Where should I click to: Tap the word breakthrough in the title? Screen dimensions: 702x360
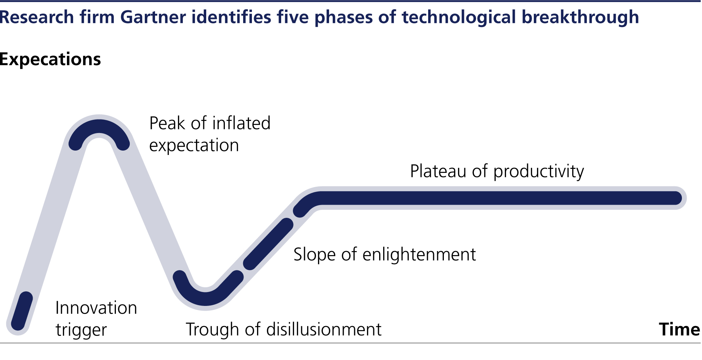tap(580, 18)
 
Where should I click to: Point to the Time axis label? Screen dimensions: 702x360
tap(679, 329)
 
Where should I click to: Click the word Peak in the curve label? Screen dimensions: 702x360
tap(167, 123)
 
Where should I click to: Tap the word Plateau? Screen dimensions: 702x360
tap(438, 171)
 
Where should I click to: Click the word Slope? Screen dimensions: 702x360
tap(314, 254)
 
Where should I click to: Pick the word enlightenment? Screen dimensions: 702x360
tap(419, 254)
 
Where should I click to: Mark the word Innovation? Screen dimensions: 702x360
tap(96, 308)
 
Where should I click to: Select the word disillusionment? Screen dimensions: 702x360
tap(324, 329)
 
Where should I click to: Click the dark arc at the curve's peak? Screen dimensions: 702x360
tap(99, 126)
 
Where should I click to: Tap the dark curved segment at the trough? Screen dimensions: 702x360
tap(205, 299)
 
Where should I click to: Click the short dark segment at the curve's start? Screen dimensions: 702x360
tap(22, 311)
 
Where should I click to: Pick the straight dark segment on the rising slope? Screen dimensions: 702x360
tap(268, 244)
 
